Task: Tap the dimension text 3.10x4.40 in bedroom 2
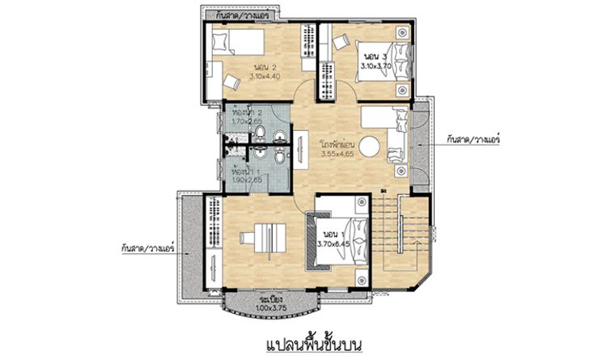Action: pyautogui.click(x=266, y=76)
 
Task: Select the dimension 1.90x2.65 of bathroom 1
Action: pyautogui.click(x=246, y=182)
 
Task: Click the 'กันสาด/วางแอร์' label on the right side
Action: pyautogui.click(x=473, y=139)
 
